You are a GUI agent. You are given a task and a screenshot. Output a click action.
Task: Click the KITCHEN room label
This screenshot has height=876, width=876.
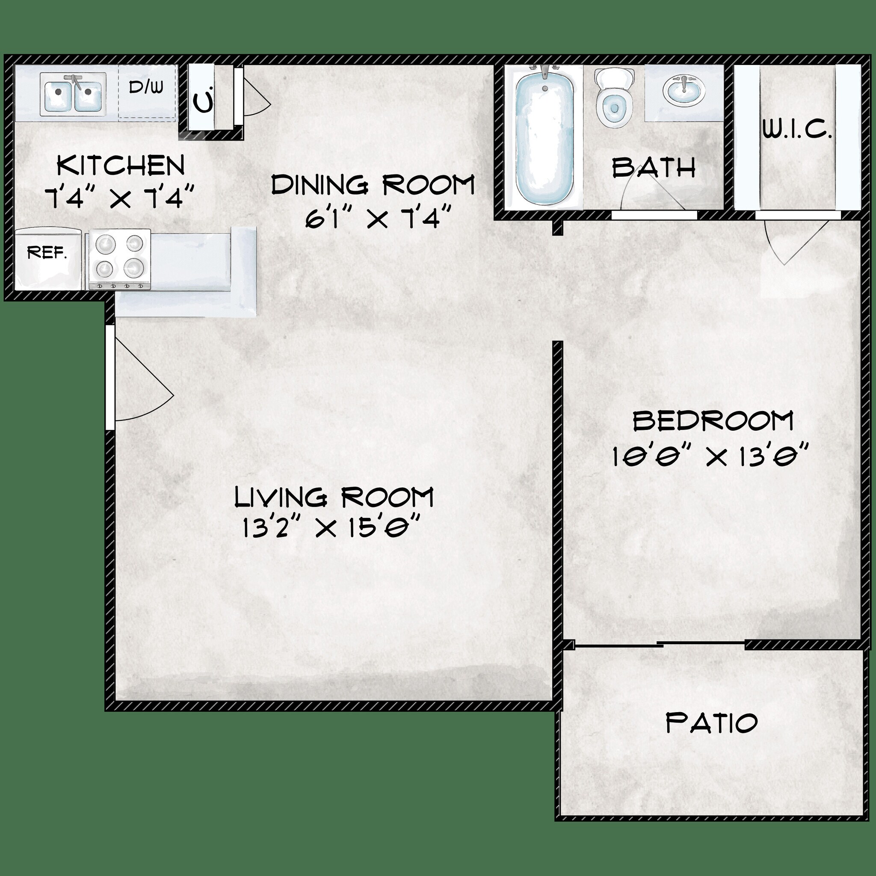(121, 166)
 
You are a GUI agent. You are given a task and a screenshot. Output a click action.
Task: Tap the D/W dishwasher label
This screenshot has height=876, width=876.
(146, 87)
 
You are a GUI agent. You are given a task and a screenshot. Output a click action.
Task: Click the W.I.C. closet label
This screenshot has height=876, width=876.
(797, 131)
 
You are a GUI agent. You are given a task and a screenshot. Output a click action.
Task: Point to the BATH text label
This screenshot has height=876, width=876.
(654, 168)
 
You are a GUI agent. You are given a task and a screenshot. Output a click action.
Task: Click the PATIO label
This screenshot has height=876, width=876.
(711, 723)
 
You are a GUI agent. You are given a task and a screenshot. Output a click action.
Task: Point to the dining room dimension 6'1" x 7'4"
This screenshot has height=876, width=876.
(378, 219)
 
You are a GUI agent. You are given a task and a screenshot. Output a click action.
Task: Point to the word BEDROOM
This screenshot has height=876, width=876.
(713, 421)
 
